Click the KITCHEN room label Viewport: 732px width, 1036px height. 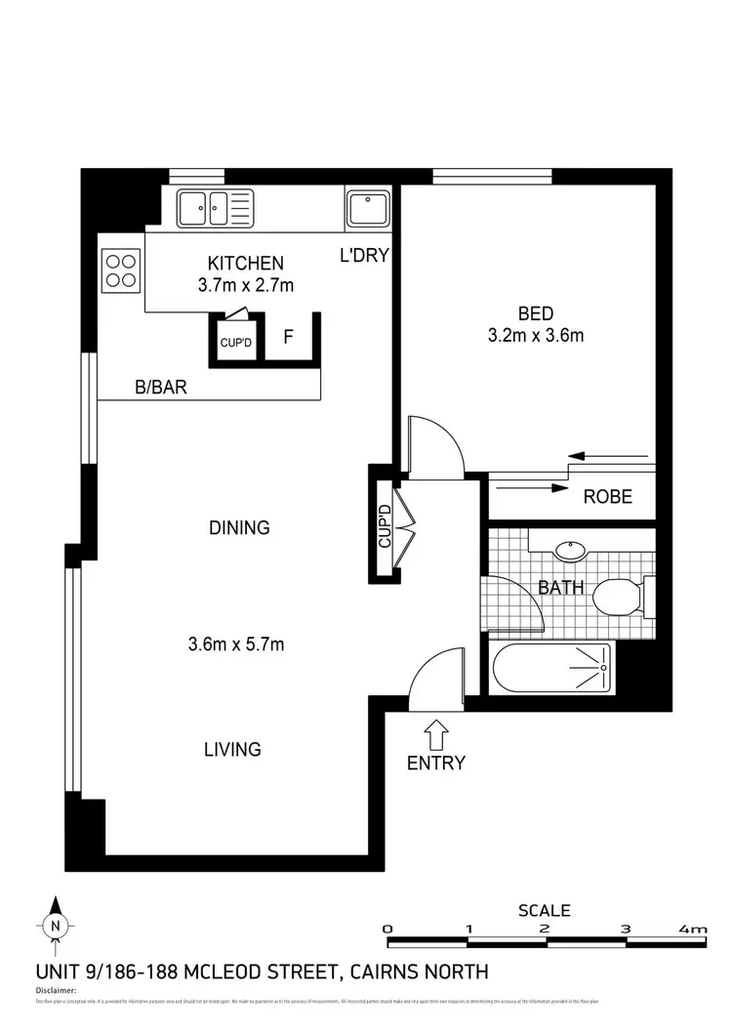tap(246, 263)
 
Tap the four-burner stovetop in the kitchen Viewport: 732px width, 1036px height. tap(121, 269)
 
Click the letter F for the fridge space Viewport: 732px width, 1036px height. tap(288, 338)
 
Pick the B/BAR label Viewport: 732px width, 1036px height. tap(160, 388)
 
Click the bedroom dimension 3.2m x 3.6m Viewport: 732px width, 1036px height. tap(536, 337)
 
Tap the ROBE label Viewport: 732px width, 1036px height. tap(607, 497)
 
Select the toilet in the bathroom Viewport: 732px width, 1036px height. tap(623, 593)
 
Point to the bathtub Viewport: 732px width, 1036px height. tap(551, 669)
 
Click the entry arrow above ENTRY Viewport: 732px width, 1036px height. tap(436, 731)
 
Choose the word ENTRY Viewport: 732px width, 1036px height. tap(436, 763)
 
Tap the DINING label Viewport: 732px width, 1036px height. tap(239, 528)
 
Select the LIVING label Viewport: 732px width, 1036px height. tap(232, 750)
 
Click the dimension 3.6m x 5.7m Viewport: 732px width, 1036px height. tap(235, 643)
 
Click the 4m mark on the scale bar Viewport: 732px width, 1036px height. tap(695, 929)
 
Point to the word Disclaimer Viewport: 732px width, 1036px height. tap(56, 989)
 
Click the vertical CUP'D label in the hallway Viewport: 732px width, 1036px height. tap(384, 525)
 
